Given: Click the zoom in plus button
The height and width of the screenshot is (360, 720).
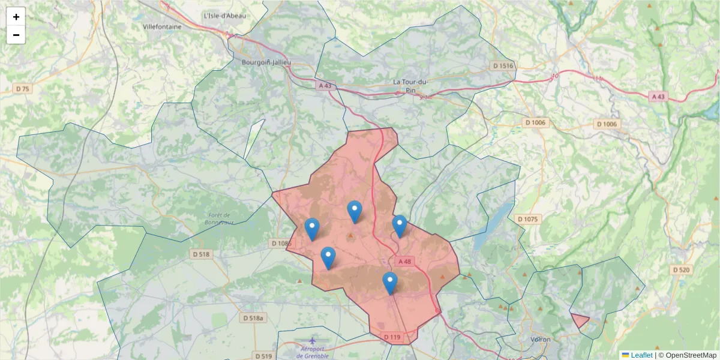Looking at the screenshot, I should click(x=16, y=17).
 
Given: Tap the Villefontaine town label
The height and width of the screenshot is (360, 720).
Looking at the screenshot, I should click(x=163, y=26).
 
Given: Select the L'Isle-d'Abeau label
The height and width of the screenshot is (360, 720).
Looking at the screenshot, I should click(x=225, y=16).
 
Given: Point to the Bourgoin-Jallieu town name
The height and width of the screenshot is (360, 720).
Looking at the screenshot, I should click(x=266, y=62).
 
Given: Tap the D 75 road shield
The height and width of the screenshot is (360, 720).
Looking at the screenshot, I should click(x=22, y=89).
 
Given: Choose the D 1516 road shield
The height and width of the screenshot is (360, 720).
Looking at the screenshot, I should click(x=503, y=65).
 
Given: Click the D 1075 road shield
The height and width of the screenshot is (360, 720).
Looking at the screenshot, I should click(x=527, y=219).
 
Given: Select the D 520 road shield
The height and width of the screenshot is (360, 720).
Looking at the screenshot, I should click(x=681, y=270).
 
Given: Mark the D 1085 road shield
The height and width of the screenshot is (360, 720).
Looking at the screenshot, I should click(x=281, y=243).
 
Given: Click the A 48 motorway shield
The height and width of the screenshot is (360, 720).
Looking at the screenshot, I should click(x=404, y=261).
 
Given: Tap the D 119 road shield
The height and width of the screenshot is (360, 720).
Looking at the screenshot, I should click(x=391, y=337).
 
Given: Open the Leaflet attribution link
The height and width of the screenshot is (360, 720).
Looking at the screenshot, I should click(x=641, y=355).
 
